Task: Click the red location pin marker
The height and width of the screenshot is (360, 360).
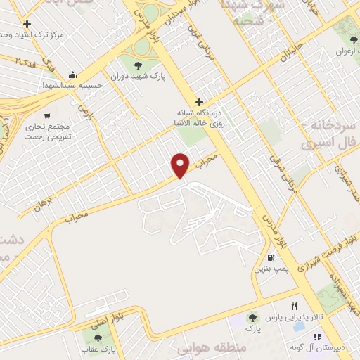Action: click(x=181, y=165)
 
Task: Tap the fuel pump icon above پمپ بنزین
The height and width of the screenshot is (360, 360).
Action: click(x=271, y=258)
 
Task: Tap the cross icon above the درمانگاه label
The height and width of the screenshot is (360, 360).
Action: click(x=200, y=102)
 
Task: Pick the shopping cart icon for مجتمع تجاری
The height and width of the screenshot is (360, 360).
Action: click(x=47, y=115)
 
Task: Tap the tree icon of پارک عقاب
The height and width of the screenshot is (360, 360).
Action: click(x=97, y=339)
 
